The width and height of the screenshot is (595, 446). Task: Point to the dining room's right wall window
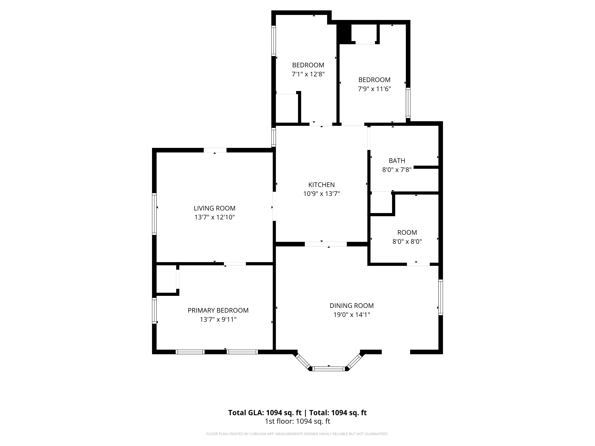tap(441, 297)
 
